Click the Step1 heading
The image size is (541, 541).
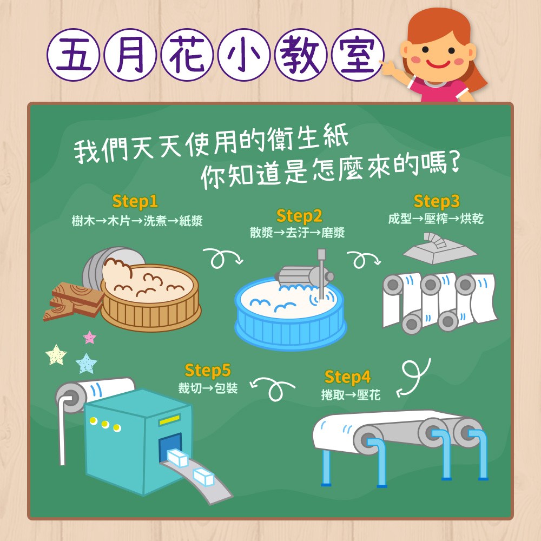pyautogui.click(x=135, y=201)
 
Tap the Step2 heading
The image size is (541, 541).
pyautogui.click(x=299, y=217)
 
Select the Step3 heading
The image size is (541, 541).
pyautogui.click(x=437, y=201)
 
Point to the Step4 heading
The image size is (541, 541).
pyautogui.click(x=347, y=377)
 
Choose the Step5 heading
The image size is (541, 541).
pyautogui.click(x=208, y=371)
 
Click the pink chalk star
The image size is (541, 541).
pyautogui.click(x=90, y=337)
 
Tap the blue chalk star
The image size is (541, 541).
pyautogui.click(x=86, y=363)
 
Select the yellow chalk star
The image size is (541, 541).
pyautogui.click(x=56, y=355)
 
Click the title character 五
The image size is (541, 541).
pyautogui.click(x=74, y=55)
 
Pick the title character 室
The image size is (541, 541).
pyautogui.click(x=358, y=55)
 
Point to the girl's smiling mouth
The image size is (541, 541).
pyautogui.click(x=438, y=64)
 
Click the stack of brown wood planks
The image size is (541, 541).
pyautogui.click(x=73, y=301)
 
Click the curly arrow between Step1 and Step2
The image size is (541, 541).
pyautogui.click(x=223, y=257)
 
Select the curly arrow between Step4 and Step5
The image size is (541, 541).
pyautogui.click(x=273, y=387)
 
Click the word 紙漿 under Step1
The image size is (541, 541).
pyautogui.click(x=191, y=221)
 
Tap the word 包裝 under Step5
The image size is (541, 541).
pyautogui.click(x=226, y=388)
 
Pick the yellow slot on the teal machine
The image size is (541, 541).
pyautogui.click(x=169, y=420)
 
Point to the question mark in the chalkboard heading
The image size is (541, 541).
pyautogui.click(x=455, y=162)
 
